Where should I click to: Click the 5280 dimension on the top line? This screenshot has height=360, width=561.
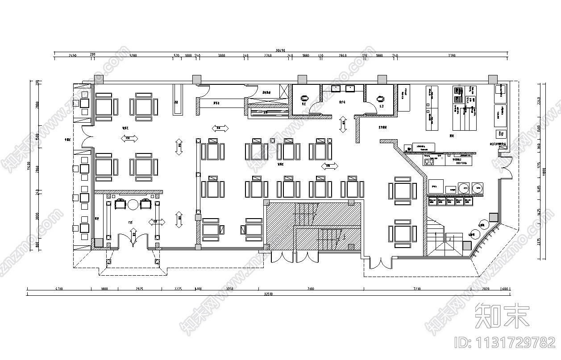pos(133,55)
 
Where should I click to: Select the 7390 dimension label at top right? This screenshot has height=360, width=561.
pos(451,55)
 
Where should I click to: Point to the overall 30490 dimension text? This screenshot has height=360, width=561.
pos(280,50)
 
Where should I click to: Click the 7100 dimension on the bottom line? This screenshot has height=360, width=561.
pos(311,289)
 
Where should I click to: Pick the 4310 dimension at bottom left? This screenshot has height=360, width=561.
pos(59,289)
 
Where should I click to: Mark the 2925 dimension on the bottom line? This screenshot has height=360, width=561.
pos(139,289)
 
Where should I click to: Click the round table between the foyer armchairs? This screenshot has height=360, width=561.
pos(133,205)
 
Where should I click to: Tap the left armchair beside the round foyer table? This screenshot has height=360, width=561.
pos(121,204)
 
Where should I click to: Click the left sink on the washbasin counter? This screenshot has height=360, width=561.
pos(336,88)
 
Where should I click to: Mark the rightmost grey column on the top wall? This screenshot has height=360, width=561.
pos(493,79)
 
